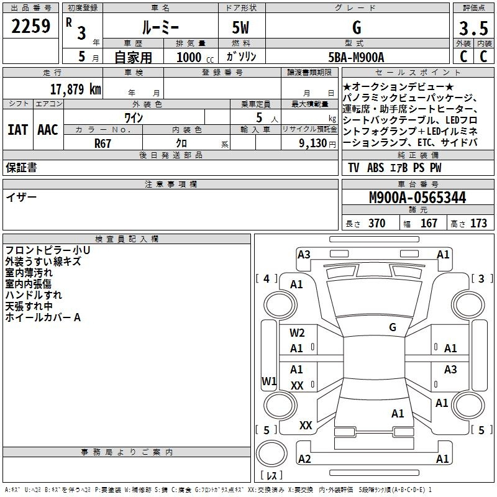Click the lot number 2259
pos(30,26)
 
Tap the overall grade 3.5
pos(473,28)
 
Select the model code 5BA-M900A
pos(356,57)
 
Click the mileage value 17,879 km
pos(75,89)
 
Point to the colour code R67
pos(103,144)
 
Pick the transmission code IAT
pos(17,130)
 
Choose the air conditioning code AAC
pos(48,130)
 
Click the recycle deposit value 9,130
pos(312,144)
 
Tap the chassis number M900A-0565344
pos(417,198)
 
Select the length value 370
pos(377,223)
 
